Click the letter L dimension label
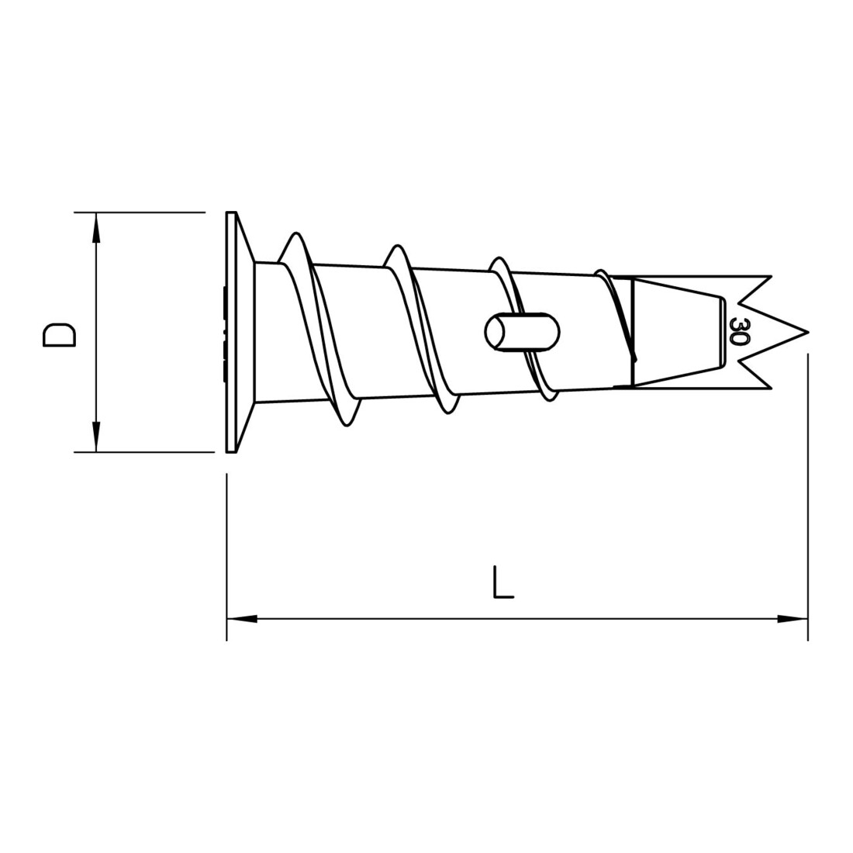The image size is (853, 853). point(502,582)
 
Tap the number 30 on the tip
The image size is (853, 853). point(739,331)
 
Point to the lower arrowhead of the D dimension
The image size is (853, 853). point(96,437)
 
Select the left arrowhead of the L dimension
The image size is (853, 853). point(242,619)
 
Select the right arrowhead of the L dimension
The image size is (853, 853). point(793,619)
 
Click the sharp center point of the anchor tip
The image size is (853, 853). point(807,332)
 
